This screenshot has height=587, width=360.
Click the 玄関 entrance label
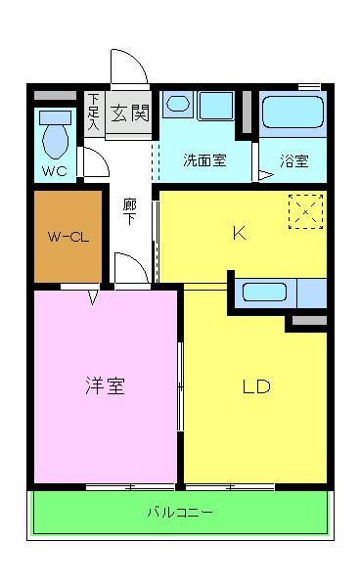tap(127, 111)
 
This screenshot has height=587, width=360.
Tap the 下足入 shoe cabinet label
tap(93, 112)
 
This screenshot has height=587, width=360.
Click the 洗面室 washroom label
tap(204, 160)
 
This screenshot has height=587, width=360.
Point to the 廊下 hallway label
tap(129, 211)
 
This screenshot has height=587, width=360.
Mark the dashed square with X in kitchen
tap(305, 210)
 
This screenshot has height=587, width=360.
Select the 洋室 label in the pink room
tap(104, 385)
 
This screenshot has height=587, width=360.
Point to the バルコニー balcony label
tap(180, 512)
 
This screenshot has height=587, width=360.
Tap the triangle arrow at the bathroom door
tap(264, 175)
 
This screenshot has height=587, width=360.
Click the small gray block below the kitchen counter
tap(308, 320)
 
